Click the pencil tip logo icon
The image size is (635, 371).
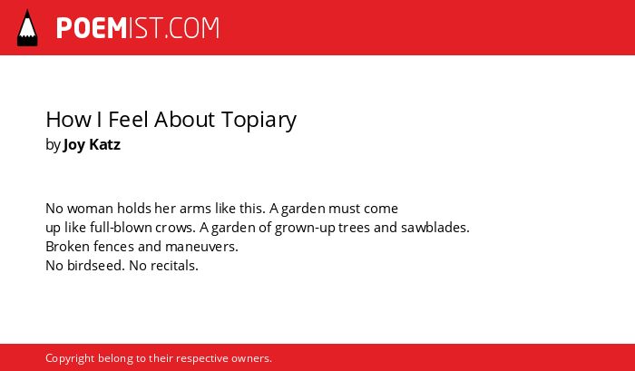click(x=27, y=28)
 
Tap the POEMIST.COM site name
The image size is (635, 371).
click(x=138, y=28)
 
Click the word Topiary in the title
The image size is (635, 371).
click(x=259, y=121)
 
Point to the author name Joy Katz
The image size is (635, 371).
click(x=92, y=145)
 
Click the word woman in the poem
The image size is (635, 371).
click(x=91, y=209)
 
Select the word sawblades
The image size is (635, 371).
click(x=435, y=228)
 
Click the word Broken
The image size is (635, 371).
click(x=68, y=246)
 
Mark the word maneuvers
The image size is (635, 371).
click(x=201, y=247)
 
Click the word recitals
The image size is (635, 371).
click(x=174, y=266)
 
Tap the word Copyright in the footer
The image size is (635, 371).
click(x=70, y=359)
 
